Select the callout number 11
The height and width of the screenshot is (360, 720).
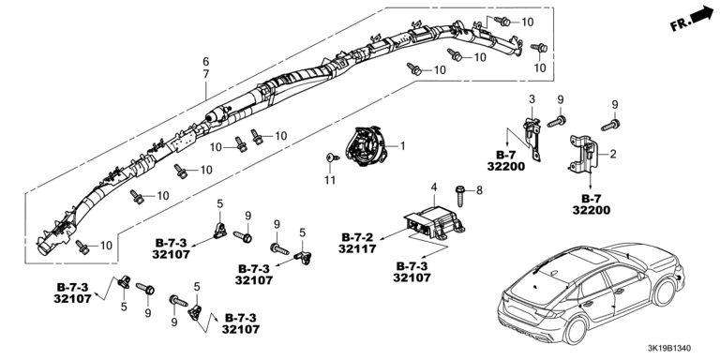point(330,180)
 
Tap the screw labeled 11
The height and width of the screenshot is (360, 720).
point(332,157)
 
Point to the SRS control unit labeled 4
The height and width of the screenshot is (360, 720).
point(433,223)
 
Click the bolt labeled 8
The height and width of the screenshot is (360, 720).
point(459,195)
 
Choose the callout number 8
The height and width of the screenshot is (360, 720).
point(479,189)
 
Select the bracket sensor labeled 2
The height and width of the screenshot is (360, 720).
point(583,155)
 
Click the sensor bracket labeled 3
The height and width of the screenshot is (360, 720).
point(532,138)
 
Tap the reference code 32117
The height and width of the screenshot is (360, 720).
point(357,248)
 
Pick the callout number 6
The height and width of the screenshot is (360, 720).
point(205,62)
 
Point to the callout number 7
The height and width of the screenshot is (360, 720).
point(205,73)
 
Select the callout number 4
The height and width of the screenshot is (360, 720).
point(433,187)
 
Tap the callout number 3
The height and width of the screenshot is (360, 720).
point(532,99)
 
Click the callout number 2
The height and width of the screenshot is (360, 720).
point(613,155)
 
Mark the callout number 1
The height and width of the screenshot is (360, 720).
point(403,146)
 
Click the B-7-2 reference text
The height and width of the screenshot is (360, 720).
point(358,237)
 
